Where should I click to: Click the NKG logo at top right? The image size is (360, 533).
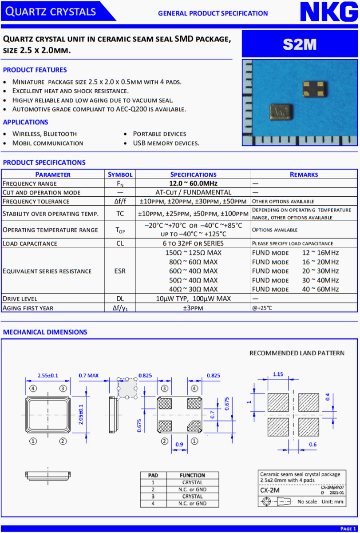[328, 12]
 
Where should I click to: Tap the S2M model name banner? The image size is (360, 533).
[300, 44]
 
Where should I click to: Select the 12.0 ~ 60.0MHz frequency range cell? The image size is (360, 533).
[193, 183]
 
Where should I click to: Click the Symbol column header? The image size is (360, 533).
[120, 175]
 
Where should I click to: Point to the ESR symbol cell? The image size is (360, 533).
[120, 271]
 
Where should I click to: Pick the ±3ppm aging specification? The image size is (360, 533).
[193, 308]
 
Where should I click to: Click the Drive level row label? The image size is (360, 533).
[20, 298]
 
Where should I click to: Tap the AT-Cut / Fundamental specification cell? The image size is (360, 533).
[193, 192]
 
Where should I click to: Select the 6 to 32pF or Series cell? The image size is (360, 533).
[193, 243]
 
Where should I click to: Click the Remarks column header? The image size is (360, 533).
[304, 175]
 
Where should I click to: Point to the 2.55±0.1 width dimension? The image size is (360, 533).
[48, 376]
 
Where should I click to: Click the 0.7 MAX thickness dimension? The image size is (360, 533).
[88, 376]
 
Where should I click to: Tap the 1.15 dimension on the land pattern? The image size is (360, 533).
[278, 374]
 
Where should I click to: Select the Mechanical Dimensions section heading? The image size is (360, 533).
[45, 332]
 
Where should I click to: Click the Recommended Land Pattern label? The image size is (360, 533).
[297, 353]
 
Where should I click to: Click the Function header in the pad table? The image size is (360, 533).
[192, 475]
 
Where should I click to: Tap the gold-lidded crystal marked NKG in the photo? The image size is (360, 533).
[281, 112]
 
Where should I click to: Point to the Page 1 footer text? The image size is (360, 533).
[348, 529]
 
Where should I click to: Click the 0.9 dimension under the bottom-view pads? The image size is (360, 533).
[179, 444]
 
